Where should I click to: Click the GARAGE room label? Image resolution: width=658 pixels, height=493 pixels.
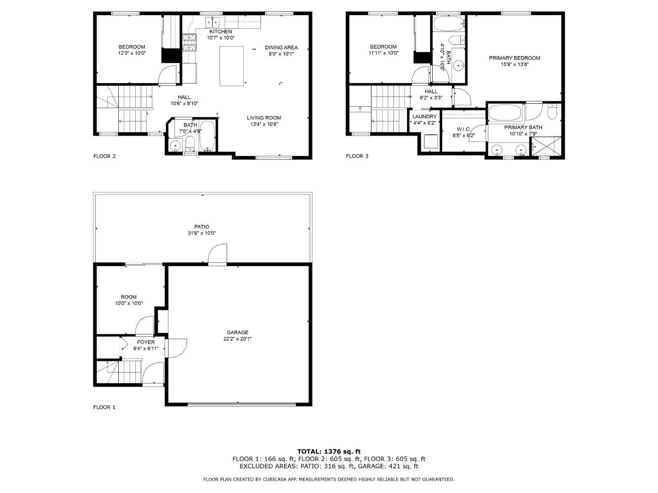(x=238, y=332)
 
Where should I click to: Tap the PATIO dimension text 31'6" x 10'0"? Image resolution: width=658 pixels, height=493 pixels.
(x=202, y=233)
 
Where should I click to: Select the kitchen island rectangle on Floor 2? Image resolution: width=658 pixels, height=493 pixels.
(x=233, y=66)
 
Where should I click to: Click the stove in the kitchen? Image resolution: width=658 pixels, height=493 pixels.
(x=189, y=42)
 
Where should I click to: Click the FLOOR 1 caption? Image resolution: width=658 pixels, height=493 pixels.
(x=104, y=407)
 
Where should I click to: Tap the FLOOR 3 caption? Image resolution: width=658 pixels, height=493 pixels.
(x=357, y=156)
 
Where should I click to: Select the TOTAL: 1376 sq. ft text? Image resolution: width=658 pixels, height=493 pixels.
(x=329, y=451)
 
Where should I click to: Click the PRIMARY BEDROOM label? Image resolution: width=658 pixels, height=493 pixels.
(x=514, y=58)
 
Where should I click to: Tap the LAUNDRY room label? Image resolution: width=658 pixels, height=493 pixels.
(x=425, y=117)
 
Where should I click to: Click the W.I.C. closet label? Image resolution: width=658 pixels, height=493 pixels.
(x=463, y=130)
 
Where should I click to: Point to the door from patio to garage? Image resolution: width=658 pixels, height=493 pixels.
(x=217, y=255)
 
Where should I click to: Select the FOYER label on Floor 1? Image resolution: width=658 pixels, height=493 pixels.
(x=146, y=342)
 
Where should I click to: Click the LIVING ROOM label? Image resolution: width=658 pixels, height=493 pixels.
(x=264, y=118)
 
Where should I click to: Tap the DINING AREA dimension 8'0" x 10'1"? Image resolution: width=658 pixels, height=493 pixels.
(x=281, y=54)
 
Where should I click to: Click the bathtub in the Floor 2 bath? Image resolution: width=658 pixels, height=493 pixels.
(x=207, y=135)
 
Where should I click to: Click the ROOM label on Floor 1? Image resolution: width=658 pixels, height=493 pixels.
(x=128, y=297)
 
